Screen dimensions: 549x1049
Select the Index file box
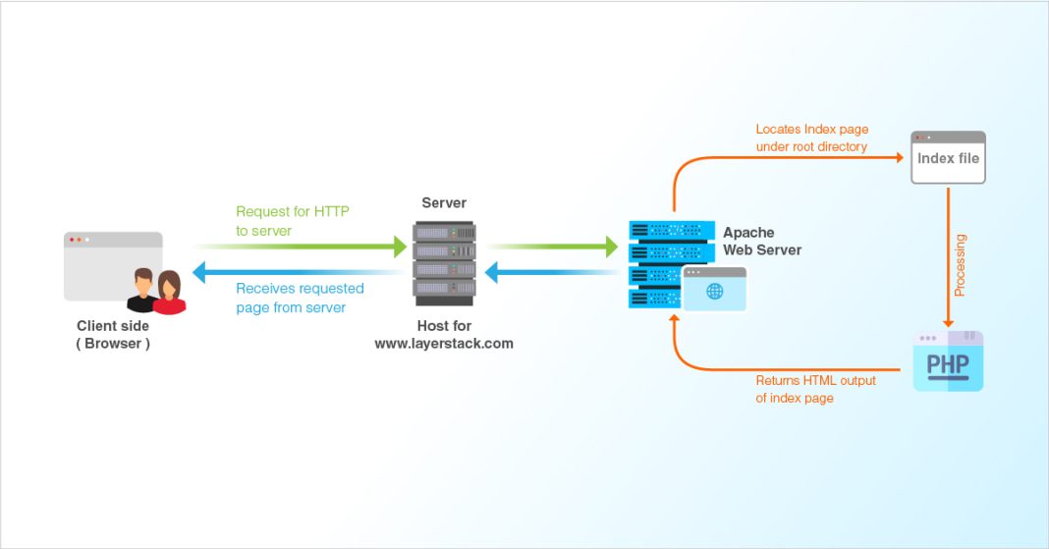tap(948, 158)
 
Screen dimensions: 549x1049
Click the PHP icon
tap(948, 362)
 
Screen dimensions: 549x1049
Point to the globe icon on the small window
tap(714, 292)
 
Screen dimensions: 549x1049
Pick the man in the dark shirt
tap(142, 292)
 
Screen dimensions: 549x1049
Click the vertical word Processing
tap(960, 265)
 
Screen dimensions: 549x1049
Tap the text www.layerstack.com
tap(444, 344)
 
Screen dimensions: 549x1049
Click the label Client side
tap(113, 326)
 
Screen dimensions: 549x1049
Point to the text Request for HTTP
tap(293, 211)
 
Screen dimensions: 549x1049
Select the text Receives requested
tap(300, 289)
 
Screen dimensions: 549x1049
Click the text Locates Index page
tap(811, 129)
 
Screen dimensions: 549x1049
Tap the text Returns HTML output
tap(815, 380)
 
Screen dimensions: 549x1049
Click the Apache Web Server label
tap(762, 242)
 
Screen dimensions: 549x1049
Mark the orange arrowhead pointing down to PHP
tap(948, 322)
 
